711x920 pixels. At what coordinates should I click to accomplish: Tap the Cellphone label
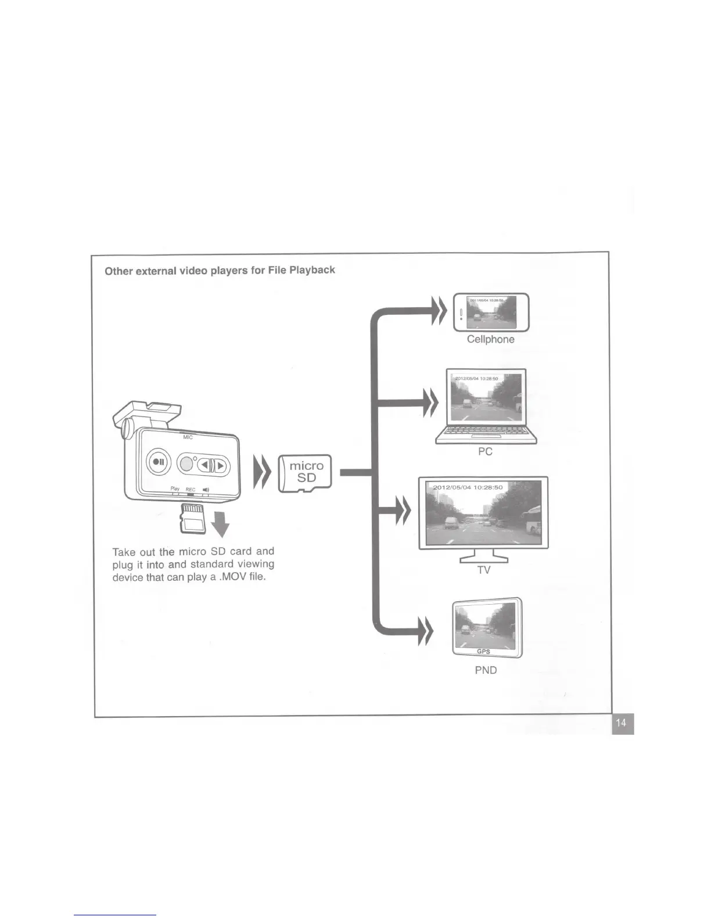pyautogui.click(x=490, y=339)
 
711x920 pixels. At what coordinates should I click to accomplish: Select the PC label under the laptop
pyautogui.click(x=485, y=451)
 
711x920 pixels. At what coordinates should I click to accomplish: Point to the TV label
pyautogui.click(x=484, y=570)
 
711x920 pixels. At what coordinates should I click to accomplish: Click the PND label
pyautogui.click(x=486, y=670)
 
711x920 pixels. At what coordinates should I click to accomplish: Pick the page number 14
pyautogui.click(x=622, y=723)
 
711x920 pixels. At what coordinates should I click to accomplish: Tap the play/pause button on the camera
pyautogui.click(x=159, y=463)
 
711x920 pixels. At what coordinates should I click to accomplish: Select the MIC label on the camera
pyautogui.click(x=188, y=437)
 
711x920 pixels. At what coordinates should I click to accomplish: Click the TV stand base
pyautogui.click(x=484, y=559)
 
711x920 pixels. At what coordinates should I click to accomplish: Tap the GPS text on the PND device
pyautogui.click(x=483, y=652)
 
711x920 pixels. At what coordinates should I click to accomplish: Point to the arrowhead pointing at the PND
pyautogui.click(x=426, y=631)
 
